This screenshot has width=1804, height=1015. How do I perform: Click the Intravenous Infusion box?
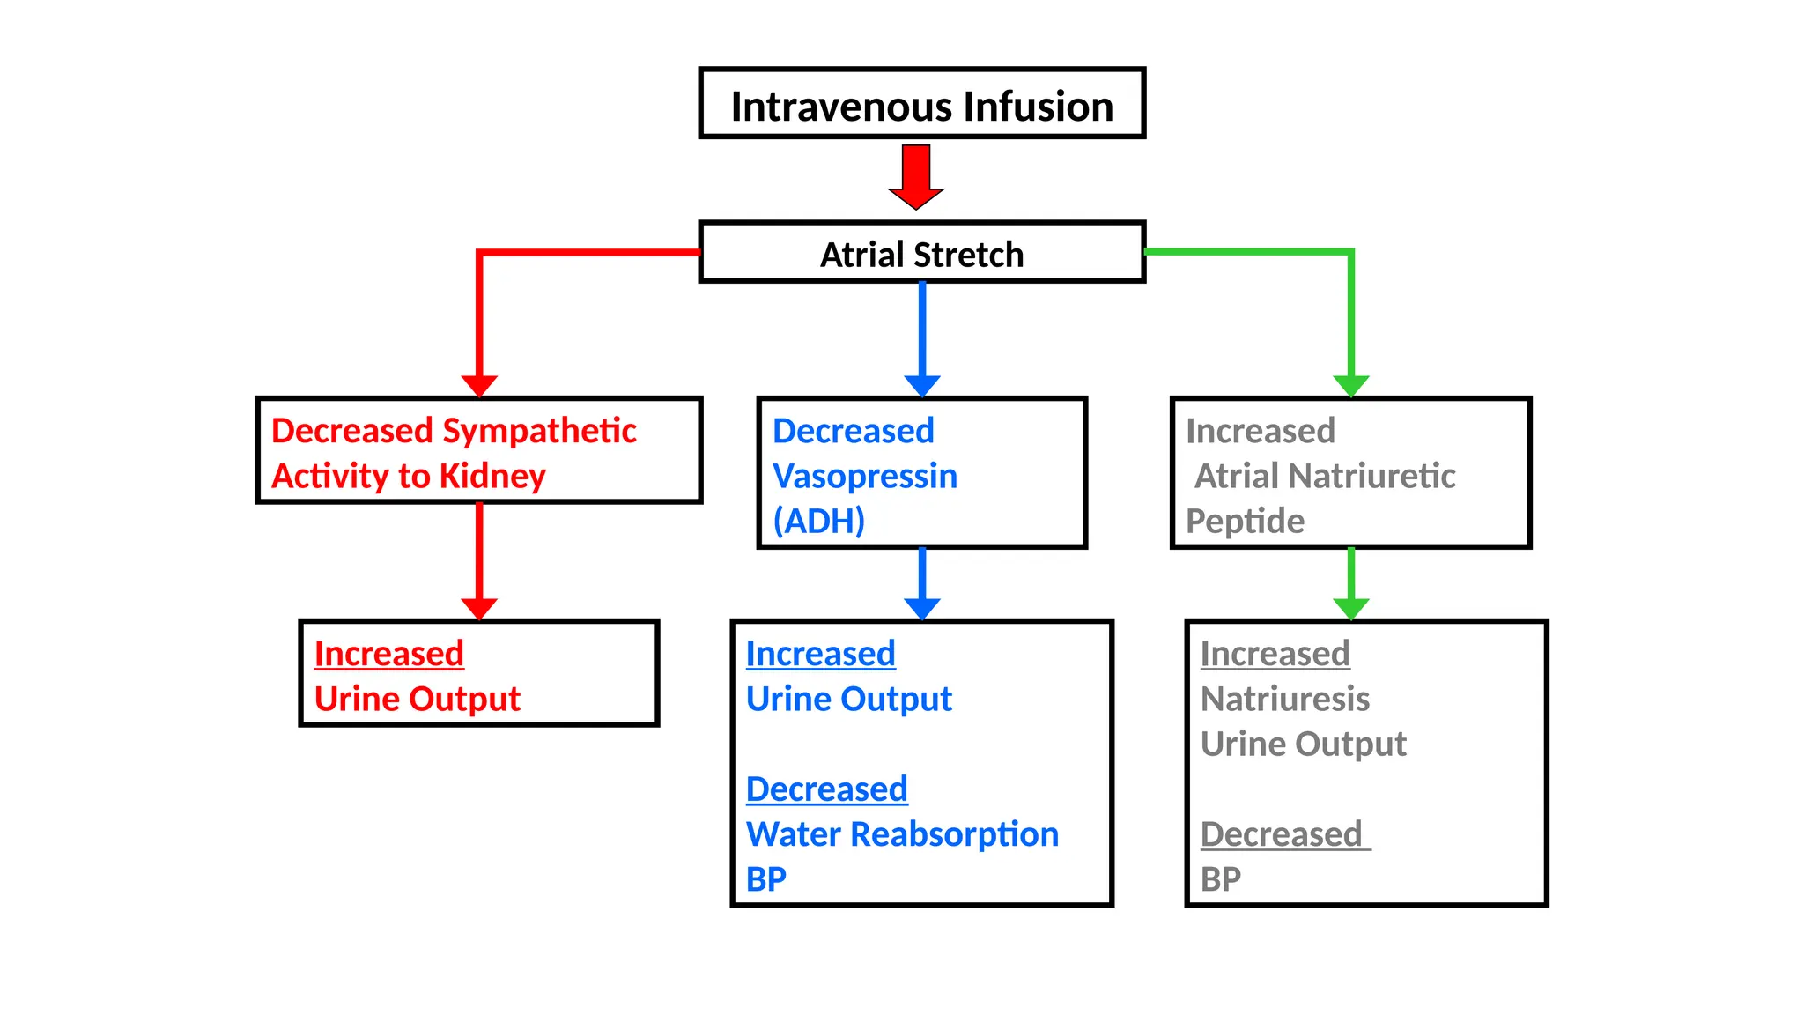click(x=921, y=104)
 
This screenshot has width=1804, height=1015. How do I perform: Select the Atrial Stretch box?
click(x=921, y=254)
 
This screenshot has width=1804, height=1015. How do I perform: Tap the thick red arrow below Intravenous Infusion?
click(x=916, y=177)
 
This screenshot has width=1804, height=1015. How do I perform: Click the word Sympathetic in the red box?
click(x=539, y=431)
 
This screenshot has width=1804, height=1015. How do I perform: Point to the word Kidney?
click(x=492, y=476)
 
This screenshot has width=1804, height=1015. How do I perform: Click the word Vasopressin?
click(x=864, y=476)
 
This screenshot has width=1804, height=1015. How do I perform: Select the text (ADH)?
click(x=818, y=521)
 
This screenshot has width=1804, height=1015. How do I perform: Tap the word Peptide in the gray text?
click(x=1244, y=521)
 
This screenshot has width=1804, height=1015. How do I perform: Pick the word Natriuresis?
click(x=1284, y=699)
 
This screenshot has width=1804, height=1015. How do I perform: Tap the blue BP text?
click(x=765, y=878)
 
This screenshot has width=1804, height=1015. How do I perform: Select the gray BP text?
click(x=1220, y=878)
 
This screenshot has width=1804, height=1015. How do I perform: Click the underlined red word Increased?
click(x=388, y=654)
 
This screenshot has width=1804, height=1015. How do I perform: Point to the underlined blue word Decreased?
click(x=826, y=789)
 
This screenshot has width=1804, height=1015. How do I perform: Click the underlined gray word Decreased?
click(x=1281, y=833)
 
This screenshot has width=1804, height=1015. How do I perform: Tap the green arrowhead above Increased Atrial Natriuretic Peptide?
click(x=1350, y=385)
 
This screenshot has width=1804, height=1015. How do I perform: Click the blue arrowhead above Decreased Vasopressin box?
click(x=922, y=385)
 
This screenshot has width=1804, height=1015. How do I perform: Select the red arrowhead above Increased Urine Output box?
click(x=479, y=608)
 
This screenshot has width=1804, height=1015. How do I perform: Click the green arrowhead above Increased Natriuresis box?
click(x=1350, y=608)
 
